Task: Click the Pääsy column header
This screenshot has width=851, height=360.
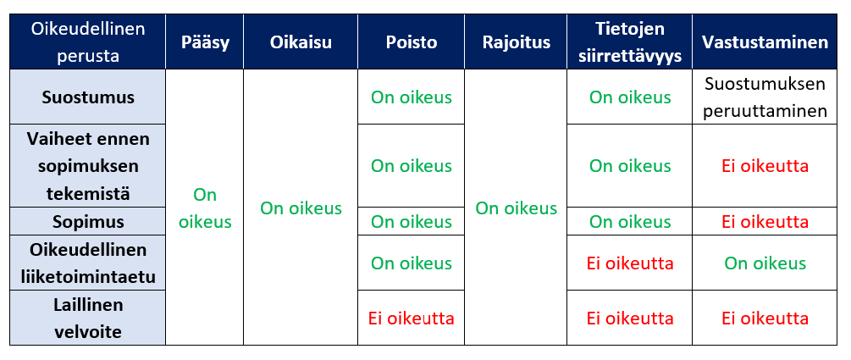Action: tap(205, 42)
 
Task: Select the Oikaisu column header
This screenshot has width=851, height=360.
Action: tap(301, 42)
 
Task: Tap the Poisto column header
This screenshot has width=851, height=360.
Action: tap(412, 42)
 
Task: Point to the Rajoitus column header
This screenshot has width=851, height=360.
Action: tap(517, 42)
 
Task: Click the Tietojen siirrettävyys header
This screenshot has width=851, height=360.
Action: tap(629, 42)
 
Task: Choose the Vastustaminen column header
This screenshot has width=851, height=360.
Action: tap(765, 42)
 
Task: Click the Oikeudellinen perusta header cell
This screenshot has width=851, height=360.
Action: tap(88, 42)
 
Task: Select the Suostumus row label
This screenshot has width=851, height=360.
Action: tap(88, 97)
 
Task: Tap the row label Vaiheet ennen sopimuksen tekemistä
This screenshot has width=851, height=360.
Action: tap(88, 166)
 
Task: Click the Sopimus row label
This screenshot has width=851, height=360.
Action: tap(88, 222)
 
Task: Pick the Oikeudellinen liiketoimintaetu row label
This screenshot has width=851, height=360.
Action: tap(88, 263)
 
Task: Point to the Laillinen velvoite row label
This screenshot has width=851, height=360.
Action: tap(88, 318)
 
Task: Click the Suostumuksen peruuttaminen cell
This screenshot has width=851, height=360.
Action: tap(765, 97)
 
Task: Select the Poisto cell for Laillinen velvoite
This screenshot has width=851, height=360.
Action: tap(412, 318)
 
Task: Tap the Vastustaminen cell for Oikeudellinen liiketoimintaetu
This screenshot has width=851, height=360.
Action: tap(765, 263)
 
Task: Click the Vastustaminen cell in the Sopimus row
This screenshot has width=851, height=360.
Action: tap(765, 222)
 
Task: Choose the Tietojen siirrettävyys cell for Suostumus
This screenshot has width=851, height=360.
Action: tap(629, 97)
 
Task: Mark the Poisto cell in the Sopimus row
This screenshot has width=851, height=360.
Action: tap(412, 222)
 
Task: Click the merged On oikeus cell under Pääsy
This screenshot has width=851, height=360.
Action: tap(205, 208)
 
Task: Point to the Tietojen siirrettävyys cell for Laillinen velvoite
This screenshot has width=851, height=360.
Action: tap(629, 318)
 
